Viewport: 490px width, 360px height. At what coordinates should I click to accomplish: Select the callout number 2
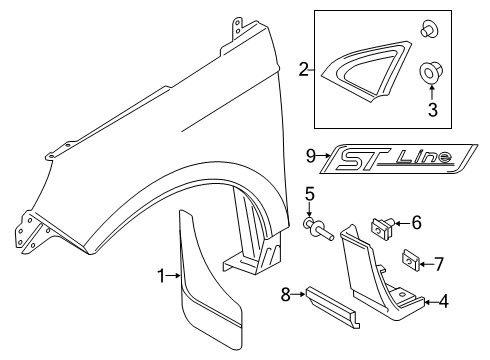(x=303, y=69)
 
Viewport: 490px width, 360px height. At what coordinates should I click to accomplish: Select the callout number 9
(x=312, y=154)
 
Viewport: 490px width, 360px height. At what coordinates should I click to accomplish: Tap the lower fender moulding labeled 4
(x=380, y=300)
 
